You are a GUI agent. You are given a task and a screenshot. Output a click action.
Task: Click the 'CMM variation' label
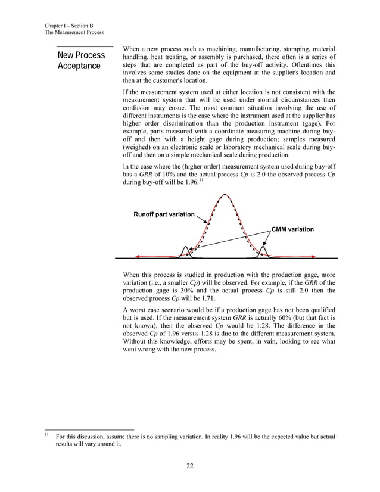(292, 229)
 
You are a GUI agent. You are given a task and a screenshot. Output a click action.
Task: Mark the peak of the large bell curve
(225, 195)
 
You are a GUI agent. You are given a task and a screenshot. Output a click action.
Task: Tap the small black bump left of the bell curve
(186, 251)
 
